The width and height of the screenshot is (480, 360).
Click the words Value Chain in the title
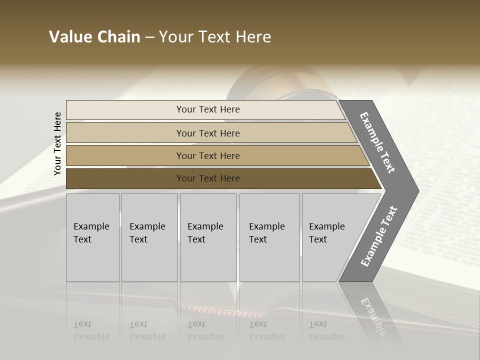(94, 37)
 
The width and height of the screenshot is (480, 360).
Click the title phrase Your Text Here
(215, 37)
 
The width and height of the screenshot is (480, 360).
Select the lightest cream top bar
(125, 110)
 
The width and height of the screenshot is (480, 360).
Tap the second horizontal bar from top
(125, 133)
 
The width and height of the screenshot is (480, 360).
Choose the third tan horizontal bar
(125, 155)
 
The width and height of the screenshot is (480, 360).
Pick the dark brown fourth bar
(125, 178)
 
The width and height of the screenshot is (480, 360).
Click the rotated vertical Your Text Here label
(57, 143)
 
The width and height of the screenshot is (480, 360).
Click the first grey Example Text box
(92, 237)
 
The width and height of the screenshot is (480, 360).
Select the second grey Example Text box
(149, 237)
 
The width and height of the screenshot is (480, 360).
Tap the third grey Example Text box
(208, 237)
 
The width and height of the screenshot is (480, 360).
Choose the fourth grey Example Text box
(269, 237)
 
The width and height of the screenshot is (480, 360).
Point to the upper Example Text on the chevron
(377, 142)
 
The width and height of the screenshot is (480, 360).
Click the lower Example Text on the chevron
(379, 236)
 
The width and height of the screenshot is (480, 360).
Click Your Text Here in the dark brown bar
(208, 178)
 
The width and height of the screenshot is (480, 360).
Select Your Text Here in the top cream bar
(208, 109)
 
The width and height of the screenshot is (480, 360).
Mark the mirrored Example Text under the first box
(91, 330)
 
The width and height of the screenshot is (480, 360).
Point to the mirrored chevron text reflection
(375, 315)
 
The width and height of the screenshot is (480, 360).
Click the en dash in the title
(149, 37)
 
